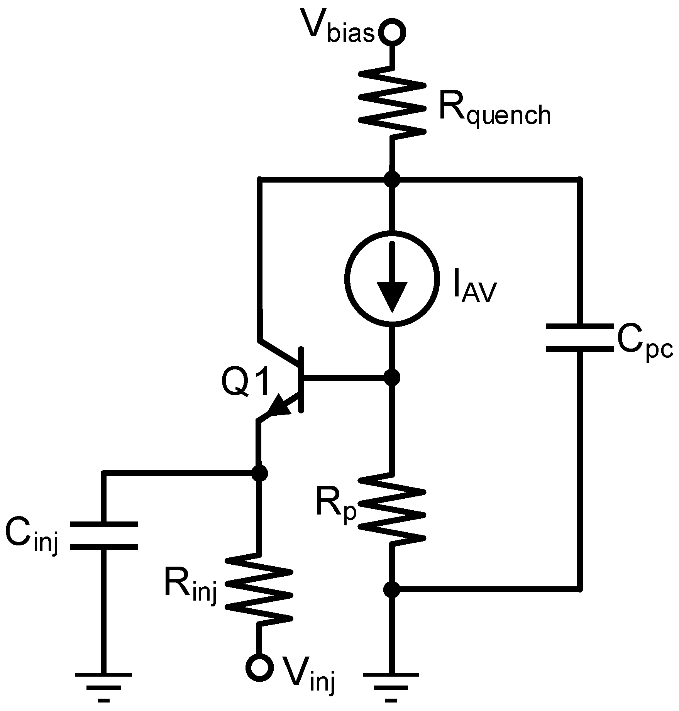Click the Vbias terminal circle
392,32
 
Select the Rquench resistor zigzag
392,102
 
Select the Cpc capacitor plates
579,338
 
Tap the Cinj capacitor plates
103,536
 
